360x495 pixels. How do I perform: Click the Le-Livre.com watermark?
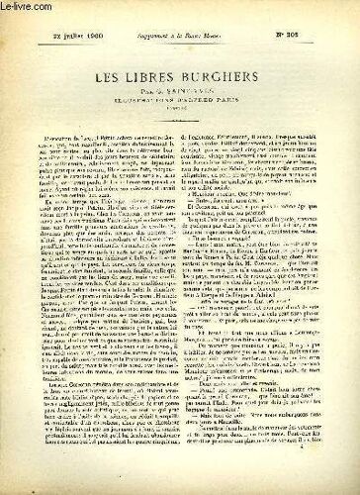click(x=24, y=8)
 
